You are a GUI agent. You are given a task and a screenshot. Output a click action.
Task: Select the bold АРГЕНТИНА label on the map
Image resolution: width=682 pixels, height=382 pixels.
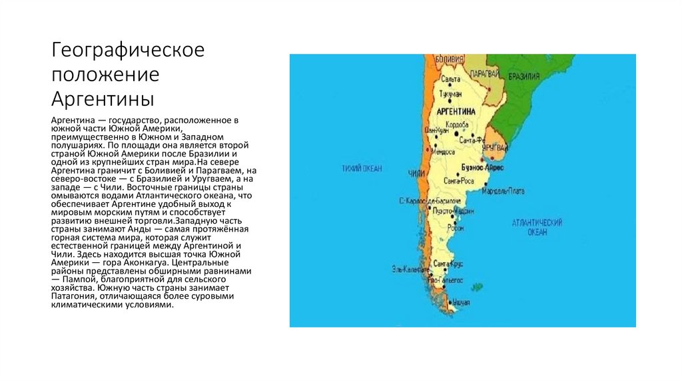(456, 110)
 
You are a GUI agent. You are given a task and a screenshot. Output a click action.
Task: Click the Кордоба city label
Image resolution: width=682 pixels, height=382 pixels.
(456, 125)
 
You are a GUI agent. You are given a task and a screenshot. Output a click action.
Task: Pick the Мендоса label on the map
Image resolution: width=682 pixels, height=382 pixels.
(442, 152)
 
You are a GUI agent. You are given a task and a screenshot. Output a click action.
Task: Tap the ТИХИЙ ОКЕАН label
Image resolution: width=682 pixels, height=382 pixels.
(363, 168)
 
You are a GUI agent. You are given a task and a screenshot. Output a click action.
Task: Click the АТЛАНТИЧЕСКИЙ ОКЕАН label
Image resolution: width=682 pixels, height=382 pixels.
(537, 227)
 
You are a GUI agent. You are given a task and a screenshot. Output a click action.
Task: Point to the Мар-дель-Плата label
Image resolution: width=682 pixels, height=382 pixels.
(502, 191)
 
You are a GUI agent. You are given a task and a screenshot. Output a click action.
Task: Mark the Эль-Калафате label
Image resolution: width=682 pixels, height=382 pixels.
(410, 270)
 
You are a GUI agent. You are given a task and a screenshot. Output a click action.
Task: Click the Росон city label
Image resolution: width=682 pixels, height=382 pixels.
(456, 228)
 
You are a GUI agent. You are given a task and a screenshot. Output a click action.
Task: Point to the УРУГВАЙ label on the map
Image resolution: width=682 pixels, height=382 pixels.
(496, 146)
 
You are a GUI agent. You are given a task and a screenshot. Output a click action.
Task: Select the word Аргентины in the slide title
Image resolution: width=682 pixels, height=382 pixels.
(103, 99)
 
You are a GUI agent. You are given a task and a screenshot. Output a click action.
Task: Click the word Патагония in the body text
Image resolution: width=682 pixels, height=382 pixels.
(73, 296)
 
